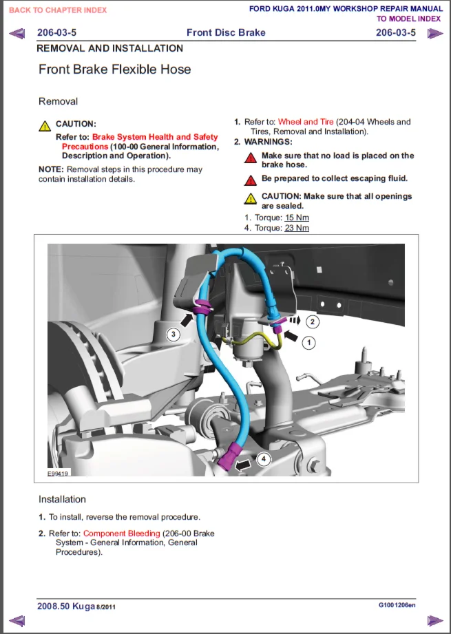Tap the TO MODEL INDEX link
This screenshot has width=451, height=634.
point(408,19)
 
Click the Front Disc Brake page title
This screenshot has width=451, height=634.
point(226,33)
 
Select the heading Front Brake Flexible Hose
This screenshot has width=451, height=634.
point(115,70)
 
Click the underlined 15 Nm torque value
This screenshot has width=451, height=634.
point(297,218)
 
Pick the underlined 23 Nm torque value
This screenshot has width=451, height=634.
point(297,228)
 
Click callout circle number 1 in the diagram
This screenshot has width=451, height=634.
point(310,341)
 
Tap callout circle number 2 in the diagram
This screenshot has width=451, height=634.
point(313,321)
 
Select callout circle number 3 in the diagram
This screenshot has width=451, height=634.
point(174,335)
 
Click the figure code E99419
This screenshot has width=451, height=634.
point(59,474)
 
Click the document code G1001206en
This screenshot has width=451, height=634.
point(397,605)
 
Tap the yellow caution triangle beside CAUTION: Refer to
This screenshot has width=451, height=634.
point(45,126)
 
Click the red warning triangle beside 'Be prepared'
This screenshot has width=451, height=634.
point(251,180)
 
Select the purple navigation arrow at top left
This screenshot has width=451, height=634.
point(18,33)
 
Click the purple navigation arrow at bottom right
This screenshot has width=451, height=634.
point(434,621)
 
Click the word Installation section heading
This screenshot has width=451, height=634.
point(62,499)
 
